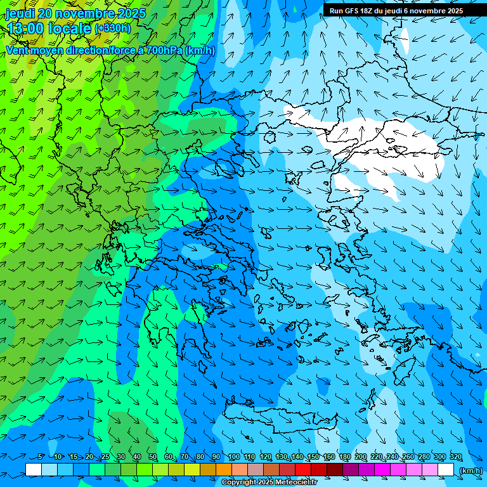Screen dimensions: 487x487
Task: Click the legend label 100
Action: [x=234, y=457]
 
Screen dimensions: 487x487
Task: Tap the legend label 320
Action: [x=455, y=457]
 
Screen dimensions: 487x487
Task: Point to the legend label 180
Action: [x=344, y=457]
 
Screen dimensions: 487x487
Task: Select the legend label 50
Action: [x=153, y=457]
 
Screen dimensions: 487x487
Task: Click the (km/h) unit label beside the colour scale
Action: [x=470, y=471]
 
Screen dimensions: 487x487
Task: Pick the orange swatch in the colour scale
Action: [x=224, y=470]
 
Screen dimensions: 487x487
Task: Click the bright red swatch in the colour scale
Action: [x=303, y=470]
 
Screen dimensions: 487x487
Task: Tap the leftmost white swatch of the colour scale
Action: [x=34, y=470]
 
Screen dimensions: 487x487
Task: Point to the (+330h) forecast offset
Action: [x=112, y=28]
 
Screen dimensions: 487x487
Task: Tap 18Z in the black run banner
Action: [x=369, y=11]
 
